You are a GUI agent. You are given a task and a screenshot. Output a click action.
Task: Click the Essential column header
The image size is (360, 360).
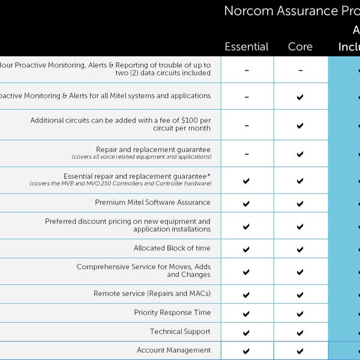pos(246,47)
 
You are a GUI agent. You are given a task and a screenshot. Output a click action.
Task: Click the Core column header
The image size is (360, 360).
pos(300,47)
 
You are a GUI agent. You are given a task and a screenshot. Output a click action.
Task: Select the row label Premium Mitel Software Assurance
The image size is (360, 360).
pos(152,203)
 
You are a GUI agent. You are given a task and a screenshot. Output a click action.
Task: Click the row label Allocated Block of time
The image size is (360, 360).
pos(172,248)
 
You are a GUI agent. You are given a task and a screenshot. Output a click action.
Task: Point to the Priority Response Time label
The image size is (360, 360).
pos(172,313)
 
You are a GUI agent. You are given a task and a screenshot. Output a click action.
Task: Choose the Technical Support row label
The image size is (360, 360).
pos(180,332)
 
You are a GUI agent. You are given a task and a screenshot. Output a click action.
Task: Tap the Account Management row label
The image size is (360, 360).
pos(173,350)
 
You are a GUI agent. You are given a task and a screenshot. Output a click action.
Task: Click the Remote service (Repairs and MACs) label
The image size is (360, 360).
pos(152,294)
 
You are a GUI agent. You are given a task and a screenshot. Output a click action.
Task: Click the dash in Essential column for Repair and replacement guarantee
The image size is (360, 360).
pos(247,154)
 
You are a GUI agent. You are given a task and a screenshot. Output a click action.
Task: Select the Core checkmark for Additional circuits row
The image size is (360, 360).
pos(300,126)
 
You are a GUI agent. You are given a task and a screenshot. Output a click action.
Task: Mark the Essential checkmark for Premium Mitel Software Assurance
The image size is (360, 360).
pos(247,203)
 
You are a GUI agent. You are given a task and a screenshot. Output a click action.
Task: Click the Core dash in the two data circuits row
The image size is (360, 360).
pos(300,70)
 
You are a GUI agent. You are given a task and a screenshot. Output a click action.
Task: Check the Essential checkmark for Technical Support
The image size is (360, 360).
pos(247,332)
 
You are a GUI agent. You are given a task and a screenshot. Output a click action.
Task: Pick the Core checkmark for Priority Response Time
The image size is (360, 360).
pos(300,313)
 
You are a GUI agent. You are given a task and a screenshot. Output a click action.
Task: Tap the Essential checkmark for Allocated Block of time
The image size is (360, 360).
pos(247,249)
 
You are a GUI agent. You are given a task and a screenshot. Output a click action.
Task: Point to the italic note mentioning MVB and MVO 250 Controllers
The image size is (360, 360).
pos(120,184)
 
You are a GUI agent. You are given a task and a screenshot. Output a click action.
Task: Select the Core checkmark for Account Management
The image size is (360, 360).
pos(300,351)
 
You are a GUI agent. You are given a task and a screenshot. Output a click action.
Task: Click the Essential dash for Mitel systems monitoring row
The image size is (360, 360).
pos(247,97)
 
